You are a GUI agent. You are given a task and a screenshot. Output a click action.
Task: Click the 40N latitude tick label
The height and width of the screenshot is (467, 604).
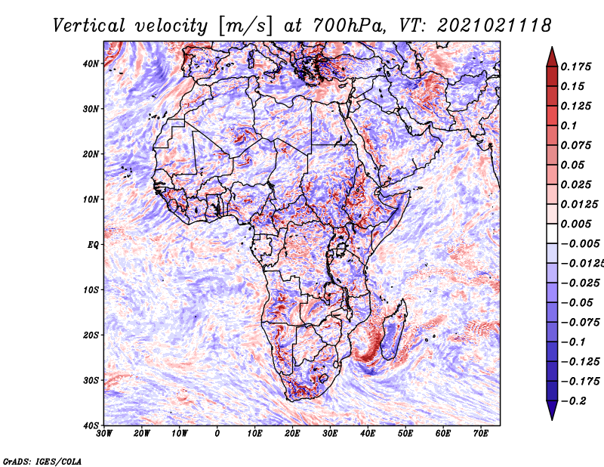click(91, 63)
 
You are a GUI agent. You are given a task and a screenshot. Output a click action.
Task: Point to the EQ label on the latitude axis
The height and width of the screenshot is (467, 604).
click(93, 245)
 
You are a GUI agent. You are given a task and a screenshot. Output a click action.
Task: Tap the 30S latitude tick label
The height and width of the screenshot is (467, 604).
click(91, 380)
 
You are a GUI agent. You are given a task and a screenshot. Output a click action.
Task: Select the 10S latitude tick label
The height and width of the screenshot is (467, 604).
click(91, 289)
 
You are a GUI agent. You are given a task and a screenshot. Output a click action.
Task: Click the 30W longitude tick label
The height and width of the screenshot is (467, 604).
click(104, 434)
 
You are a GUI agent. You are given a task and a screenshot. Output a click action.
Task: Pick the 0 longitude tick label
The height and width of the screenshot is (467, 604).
click(217, 434)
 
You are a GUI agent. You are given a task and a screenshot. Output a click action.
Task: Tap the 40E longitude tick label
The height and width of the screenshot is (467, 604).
click(368, 434)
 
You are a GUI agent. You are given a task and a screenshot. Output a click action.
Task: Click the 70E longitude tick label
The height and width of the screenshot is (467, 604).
click(481, 434)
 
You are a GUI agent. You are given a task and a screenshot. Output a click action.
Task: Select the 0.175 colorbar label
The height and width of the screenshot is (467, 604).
click(576, 66)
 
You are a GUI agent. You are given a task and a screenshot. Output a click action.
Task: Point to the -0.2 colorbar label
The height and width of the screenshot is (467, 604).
click(574, 401)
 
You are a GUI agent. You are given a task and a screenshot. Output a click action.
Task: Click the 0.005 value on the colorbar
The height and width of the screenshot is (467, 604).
click(576, 224)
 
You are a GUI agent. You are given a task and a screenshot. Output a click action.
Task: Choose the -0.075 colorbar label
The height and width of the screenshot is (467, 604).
click(580, 323)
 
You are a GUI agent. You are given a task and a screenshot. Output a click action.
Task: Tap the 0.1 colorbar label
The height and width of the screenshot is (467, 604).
click(569, 125)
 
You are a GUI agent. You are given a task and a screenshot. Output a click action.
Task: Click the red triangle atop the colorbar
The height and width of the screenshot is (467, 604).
click(552, 57)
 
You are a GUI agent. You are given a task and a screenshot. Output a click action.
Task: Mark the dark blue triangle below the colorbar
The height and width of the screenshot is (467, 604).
click(552, 410)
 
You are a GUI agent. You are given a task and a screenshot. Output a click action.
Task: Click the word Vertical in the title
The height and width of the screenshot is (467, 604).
click(89, 26)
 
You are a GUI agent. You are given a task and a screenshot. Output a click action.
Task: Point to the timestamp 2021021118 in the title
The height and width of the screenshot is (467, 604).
click(495, 26)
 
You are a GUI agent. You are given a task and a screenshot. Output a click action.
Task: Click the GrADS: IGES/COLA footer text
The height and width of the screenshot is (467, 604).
click(42, 461)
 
